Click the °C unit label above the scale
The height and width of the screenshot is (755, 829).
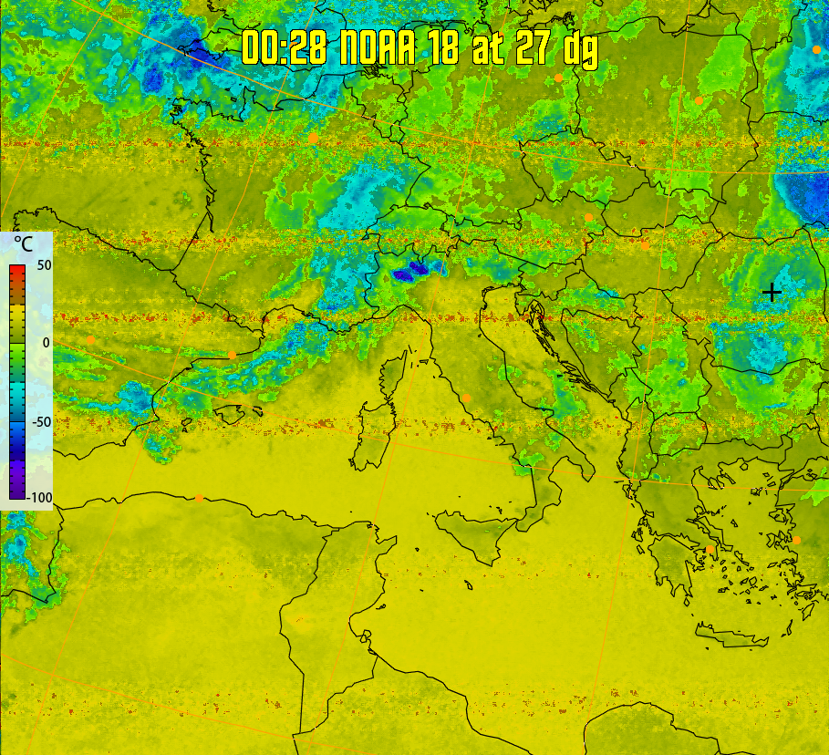pos(22,244)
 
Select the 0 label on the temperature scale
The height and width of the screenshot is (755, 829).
pos(46,342)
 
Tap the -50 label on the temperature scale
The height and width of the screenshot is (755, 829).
pos(39,421)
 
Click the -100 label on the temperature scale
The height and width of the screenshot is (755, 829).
pos(39,498)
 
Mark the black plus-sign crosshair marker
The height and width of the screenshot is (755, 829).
pos(772,292)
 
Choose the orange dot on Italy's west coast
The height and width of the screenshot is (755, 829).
pos(467,398)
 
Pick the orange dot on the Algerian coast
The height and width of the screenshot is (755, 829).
pos(200,498)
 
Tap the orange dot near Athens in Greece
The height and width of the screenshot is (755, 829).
pos(710,549)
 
